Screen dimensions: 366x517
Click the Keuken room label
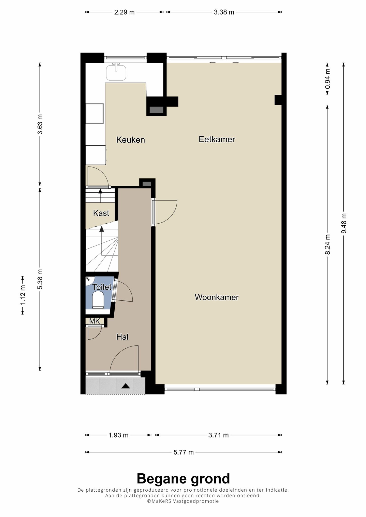point(130,140)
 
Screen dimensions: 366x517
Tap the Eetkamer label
point(217,139)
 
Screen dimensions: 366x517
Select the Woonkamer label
point(217,297)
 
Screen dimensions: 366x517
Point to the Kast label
point(101,213)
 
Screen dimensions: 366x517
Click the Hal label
point(122,337)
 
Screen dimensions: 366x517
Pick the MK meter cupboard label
point(95,321)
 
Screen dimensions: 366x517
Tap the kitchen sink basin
point(116,73)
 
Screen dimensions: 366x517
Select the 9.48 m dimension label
point(344,223)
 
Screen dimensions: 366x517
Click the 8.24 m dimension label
point(327,244)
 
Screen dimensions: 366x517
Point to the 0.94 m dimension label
point(327,79)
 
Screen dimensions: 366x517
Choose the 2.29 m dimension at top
point(124,12)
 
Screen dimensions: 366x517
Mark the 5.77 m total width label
point(184,452)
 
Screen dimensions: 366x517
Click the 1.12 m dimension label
point(23,295)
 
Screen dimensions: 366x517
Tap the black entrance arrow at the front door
point(126,386)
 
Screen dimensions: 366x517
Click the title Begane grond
point(183,479)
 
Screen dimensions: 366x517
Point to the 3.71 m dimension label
point(218,435)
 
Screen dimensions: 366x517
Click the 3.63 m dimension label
point(40,124)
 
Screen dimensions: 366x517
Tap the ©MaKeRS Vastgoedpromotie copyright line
point(183,501)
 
